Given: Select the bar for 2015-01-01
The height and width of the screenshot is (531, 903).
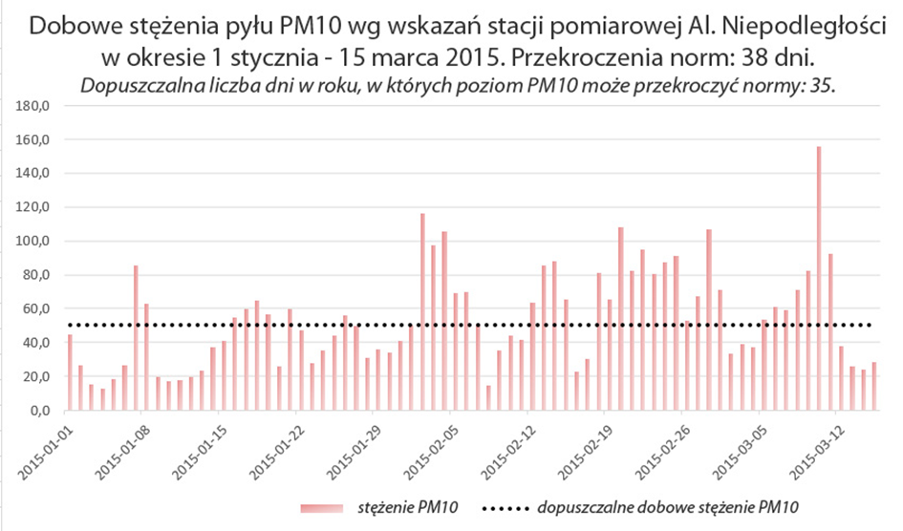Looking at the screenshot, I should [70, 372].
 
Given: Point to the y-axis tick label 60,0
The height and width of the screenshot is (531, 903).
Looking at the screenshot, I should [36, 308].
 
